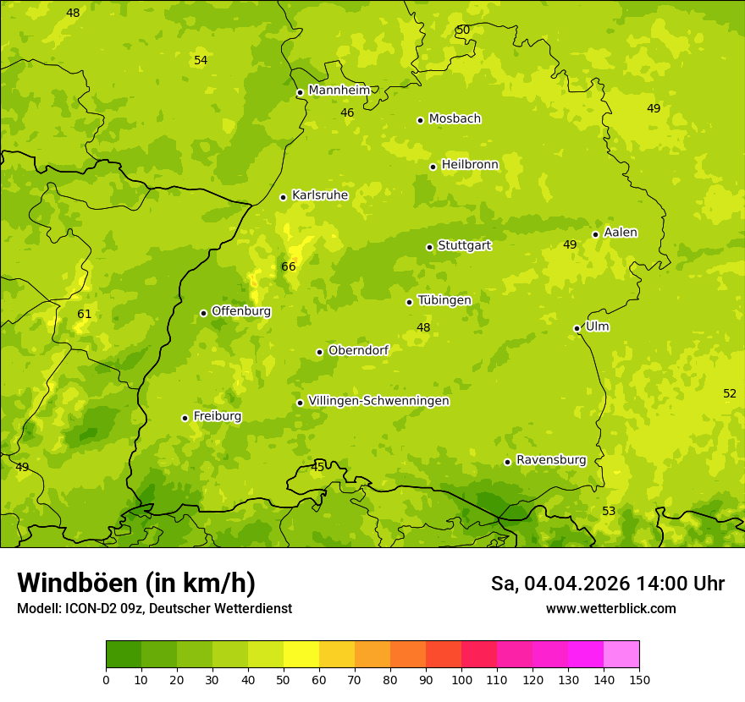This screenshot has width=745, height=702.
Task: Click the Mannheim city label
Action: click(339, 90)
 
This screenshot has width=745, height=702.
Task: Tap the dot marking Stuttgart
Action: click(429, 247)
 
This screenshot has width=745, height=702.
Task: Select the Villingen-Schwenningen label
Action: click(378, 401)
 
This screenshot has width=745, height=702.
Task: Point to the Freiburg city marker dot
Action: click(185, 418)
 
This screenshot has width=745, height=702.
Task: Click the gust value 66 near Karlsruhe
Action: click(289, 267)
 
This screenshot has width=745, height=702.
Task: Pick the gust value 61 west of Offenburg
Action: click(85, 315)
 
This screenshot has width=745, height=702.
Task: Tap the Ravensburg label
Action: click(551, 460)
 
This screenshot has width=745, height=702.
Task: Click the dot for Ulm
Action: click(577, 328)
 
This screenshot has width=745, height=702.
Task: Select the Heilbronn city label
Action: click(470, 165)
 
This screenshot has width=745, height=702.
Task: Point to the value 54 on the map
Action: click(201, 61)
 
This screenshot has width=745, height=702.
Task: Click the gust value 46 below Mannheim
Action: click(347, 113)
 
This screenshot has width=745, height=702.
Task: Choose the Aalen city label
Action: click(621, 233)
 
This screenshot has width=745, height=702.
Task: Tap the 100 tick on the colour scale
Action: click(461, 679)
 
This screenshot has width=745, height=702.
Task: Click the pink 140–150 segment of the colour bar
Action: click(621, 655)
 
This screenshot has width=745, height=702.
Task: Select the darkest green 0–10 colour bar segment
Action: click(124, 655)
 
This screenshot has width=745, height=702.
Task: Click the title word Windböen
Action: click(77, 583)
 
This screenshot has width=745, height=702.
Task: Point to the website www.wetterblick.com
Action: click(610, 608)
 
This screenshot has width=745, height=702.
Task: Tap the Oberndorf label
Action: click(358, 350)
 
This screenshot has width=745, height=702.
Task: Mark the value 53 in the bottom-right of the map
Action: click(609, 512)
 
